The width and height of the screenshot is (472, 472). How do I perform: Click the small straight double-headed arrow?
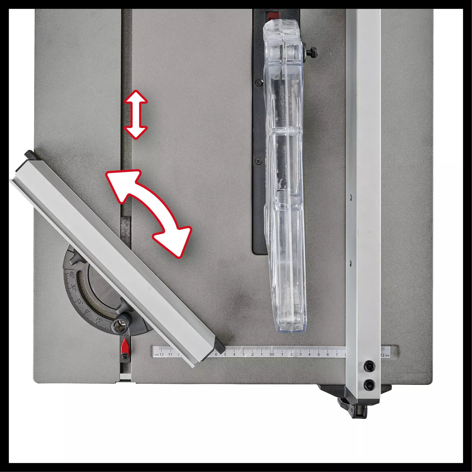(x=136, y=115)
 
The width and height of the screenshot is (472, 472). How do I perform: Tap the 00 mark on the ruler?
(x=271, y=355)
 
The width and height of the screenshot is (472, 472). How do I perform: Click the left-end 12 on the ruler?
(x=162, y=355)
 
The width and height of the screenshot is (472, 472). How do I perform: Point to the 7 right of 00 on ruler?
(x=336, y=355)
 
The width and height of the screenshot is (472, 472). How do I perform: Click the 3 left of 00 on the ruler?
(x=243, y=355)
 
